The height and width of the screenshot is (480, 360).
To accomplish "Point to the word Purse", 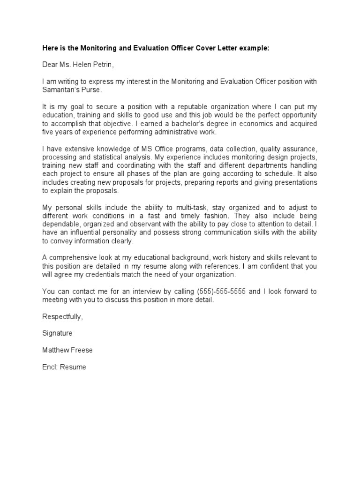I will coord(90,90).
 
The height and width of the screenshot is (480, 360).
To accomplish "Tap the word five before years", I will coord(49,132).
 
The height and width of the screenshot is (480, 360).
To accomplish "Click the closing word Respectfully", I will coord(62,317).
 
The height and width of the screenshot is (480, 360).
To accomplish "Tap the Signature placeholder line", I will coord(57,333).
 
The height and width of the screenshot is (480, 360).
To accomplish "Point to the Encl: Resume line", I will coord(64,367).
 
